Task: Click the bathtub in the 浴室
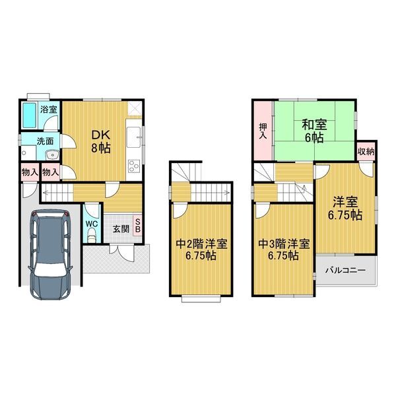pos(29,115)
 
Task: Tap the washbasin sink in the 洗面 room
pos(52,154)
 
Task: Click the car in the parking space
pos(51,254)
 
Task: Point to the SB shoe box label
pos(138,225)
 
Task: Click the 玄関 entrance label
pos(121,229)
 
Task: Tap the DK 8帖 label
pos(101,142)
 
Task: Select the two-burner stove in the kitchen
pos(134,166)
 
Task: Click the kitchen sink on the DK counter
pos(133,137)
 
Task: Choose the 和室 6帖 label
pos(314,131)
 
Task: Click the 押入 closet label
pos(263,131)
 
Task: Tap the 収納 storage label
pos(366,152)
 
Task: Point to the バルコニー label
pos(345,271)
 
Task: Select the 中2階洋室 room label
pos(201,244)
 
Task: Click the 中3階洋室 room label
pos(284,244)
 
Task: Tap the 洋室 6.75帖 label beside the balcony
pos(345,209)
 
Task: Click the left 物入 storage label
pos(30,172)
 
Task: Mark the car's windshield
pos(51,270)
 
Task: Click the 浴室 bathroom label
pos(49,110)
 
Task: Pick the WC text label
pos(92,224)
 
